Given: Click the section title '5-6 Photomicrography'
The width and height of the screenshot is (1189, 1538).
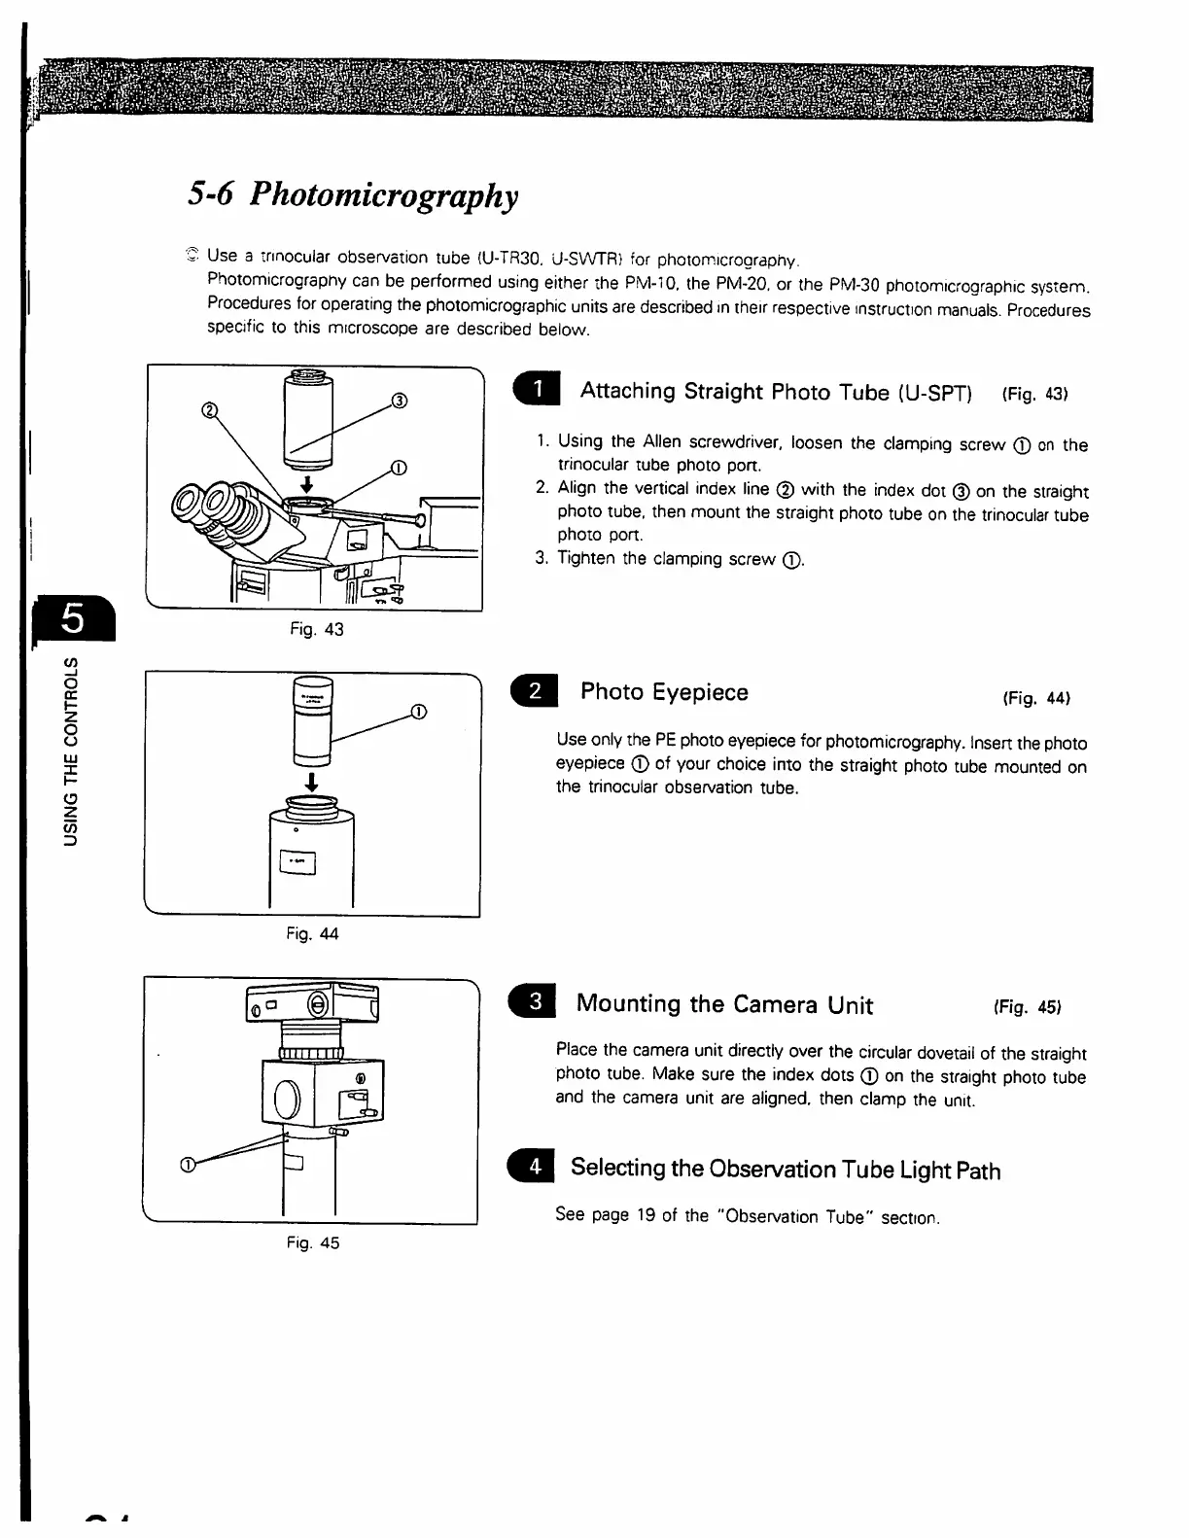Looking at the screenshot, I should (x=353, y=194).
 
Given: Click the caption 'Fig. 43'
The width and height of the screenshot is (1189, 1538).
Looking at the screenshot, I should (x=316, y=629).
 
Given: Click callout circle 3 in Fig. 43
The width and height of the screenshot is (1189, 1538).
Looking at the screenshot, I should (x=399, y=400).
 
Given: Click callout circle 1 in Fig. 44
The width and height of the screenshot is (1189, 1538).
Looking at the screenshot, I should (x=418, y=711).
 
